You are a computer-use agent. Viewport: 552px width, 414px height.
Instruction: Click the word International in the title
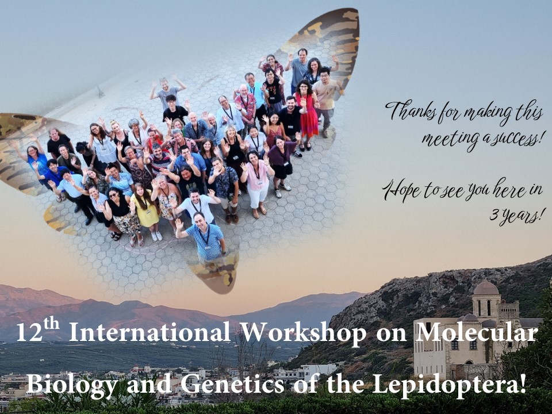pos(149,332)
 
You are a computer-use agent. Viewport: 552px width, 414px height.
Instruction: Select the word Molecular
pos(477,332)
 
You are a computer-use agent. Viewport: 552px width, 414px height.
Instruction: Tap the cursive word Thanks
pos(411,112)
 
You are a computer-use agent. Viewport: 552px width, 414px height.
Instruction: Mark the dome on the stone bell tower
pos(486,288)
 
